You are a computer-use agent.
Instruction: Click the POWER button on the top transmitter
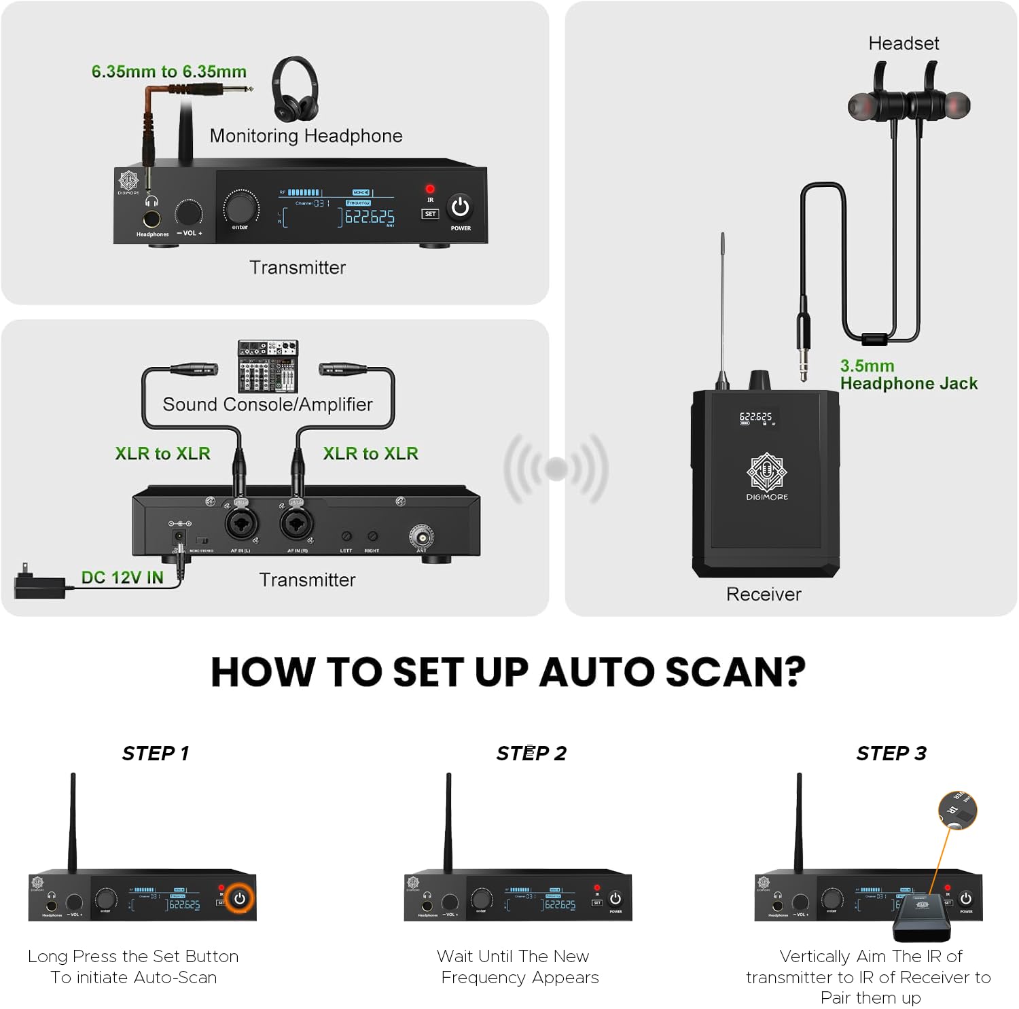tap(460, 207)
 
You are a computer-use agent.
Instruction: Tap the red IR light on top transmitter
tap(429, 189)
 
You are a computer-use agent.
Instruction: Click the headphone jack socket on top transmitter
tap(151, 219)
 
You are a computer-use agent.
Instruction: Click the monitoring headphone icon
tap(295, 88)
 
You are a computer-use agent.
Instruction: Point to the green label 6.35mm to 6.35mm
tap(168, 71)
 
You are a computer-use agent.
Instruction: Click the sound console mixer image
tap(268, 366)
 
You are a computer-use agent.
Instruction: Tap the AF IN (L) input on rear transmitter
tap(240, 525)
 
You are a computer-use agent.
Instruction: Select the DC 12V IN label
tap(122, 578)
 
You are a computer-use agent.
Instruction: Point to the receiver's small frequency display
tap(756, 418)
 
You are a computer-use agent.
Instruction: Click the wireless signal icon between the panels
tap(556, 468)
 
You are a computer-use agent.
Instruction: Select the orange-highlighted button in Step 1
tap(240, 898)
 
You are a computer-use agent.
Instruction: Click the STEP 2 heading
tap(531, 753)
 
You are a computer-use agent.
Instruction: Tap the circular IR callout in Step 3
tap(957, 810)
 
